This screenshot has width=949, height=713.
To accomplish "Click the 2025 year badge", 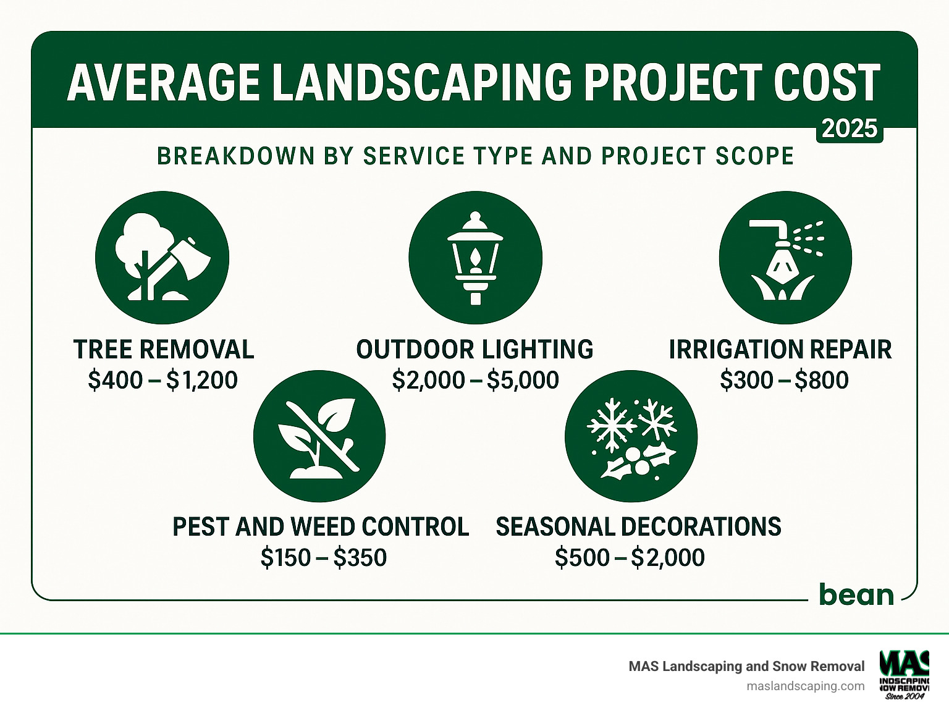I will (x=850, y=129).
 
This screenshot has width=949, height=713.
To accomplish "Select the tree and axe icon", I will (x=162, y=258).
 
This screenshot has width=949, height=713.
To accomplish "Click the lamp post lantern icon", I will (x=475, y=258).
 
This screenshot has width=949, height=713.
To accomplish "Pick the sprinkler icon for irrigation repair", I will (x=785, y=258).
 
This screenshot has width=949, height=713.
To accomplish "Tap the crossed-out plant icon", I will (x=319, y=436).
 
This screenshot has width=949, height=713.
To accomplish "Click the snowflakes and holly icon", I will (x=631, y=436).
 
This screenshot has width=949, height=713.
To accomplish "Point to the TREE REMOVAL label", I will (x=164, y=350).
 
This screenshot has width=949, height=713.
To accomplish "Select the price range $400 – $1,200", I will (x=162, y=380).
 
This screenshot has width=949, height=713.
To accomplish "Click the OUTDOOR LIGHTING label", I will (x=474, y=350).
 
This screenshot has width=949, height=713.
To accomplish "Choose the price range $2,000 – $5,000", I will (x=475, y=380).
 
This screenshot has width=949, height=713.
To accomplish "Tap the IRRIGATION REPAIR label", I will (x=780, y=350).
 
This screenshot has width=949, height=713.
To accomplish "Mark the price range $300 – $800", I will (x=784, y=380).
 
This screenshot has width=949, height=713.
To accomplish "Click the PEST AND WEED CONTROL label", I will (x=320, y=527).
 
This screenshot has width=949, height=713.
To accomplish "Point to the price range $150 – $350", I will (x=323, y=557).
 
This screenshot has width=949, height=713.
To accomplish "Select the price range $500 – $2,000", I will (x=630, y=557).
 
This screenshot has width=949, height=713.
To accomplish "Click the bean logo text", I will (x=856, y=594).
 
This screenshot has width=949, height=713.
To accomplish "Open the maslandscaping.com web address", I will (x=806, y=686).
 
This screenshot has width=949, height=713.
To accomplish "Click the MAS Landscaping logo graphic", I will (x=904, y=674).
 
